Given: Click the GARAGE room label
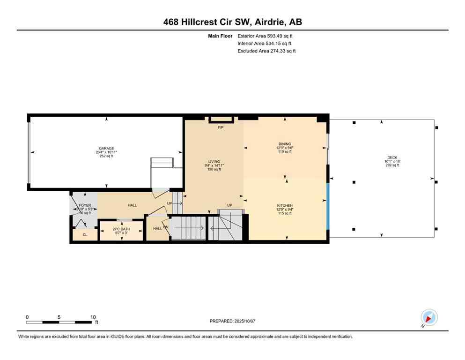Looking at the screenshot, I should [x=106, y=148].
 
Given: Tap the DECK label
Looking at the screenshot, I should [x=392, y=157].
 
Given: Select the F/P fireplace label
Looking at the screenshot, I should [x=220, y=127].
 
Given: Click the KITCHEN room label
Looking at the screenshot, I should [x=284, y=206].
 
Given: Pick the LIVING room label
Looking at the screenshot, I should [x=214, y=162].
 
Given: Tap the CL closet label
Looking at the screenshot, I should [x=85, y=234].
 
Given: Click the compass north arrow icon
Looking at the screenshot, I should [x=429, y=318].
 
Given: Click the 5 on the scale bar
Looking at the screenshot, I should [x=59, y=317].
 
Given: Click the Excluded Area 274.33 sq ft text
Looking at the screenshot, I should [x=266, y=51].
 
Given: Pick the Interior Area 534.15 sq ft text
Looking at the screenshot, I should [x=266, y=43].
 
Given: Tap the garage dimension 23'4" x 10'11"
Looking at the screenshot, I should [x=106, y=152].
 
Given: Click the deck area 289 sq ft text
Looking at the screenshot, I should [x=392, y=165].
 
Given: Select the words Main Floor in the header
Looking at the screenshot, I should [x=221, y=36].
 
